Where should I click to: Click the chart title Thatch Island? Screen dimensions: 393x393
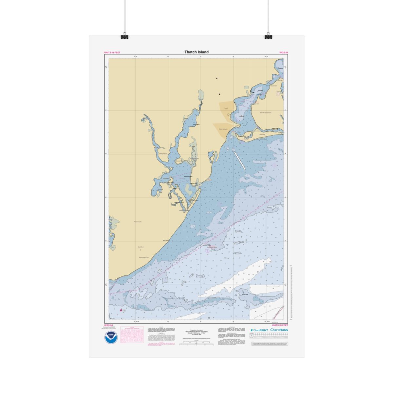click(196, 52)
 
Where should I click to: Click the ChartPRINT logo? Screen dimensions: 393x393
click(259, 330)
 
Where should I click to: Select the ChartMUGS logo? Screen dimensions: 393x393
click(279, 330)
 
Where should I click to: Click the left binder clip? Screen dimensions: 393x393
click(124, 36)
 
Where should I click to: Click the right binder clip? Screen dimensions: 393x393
click(268, 36)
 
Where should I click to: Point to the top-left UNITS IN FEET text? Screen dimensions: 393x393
click(112, 52)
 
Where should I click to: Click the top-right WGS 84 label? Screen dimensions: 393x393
click(284, 52)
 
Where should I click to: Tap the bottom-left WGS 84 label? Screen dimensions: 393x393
click(108, 325)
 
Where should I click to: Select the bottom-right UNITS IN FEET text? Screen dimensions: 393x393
click(280, 325)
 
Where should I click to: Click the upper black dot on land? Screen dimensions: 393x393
click(216, 78)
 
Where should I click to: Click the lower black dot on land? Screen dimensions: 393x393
click(219, 94)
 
